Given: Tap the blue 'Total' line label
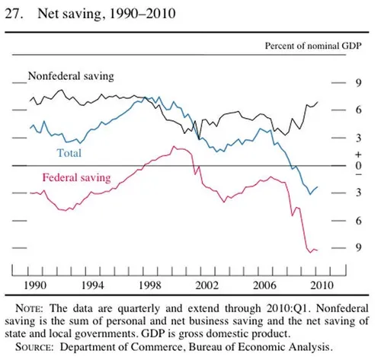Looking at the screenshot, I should [70, 152].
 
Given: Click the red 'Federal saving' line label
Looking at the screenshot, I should [76, 178].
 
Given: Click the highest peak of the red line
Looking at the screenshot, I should [174, 146].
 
